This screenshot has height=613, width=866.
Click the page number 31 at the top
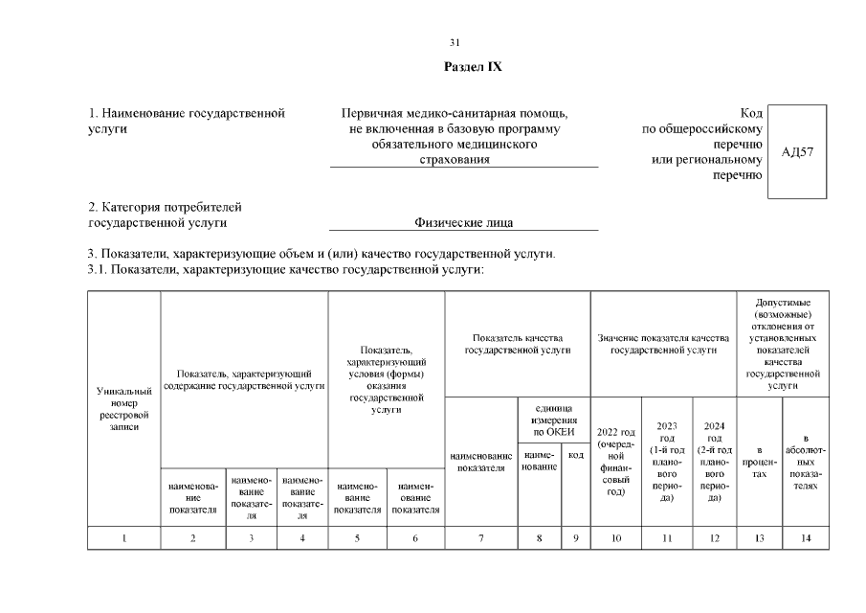click(455, 42)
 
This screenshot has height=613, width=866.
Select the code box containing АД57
click(797, 152)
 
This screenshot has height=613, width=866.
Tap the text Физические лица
click(463, 223)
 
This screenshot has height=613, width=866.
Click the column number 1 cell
click(124, 538)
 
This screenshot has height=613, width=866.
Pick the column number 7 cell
click(480, 538)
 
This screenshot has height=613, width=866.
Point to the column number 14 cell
click(806, 538)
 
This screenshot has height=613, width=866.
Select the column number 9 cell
click(575, 538)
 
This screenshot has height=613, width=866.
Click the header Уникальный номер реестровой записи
click(124, 409)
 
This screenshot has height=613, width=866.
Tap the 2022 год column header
click(616, 461)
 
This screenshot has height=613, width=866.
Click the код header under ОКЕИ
click(575, 455)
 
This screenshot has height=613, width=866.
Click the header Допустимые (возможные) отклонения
click(783, 344)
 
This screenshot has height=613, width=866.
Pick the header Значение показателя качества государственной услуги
click(663, 345)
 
